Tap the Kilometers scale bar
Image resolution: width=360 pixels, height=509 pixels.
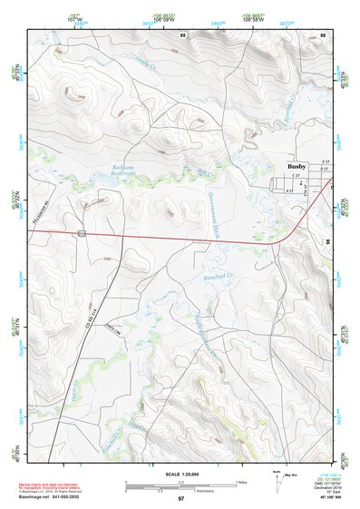coord(163,491)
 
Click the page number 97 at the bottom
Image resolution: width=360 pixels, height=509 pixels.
coord(180,500)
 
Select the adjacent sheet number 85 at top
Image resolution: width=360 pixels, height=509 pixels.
coord(182,34)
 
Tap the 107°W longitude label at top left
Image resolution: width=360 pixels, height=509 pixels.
coord(34,16)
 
